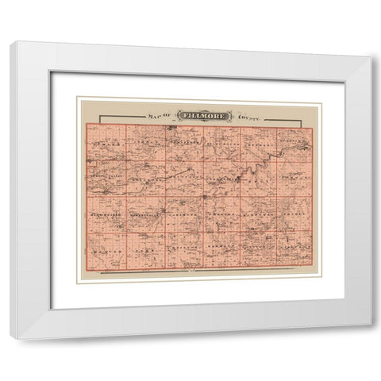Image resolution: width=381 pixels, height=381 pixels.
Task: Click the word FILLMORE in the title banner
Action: coord(202,115)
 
